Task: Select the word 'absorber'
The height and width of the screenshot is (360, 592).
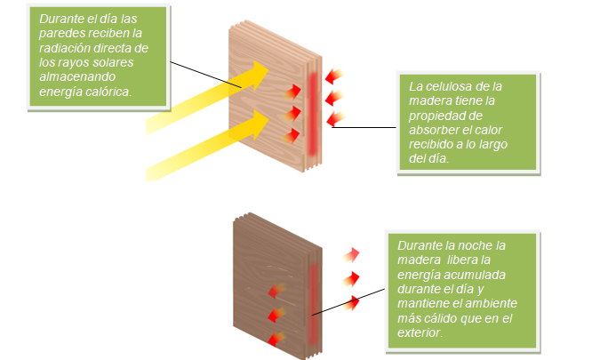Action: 436,131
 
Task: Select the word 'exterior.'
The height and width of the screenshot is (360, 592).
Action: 429,333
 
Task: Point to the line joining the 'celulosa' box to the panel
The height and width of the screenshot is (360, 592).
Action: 364,127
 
